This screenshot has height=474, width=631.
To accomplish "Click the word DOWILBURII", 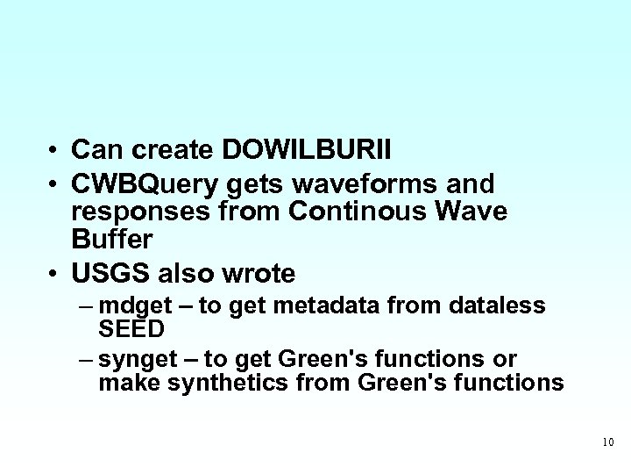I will pyautogui.click(x=308, y=150).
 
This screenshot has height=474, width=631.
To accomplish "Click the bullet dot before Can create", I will pyautogui.click(x=54, y=151).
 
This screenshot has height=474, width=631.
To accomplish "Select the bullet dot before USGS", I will pyautogui.click(x=54, y=274).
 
